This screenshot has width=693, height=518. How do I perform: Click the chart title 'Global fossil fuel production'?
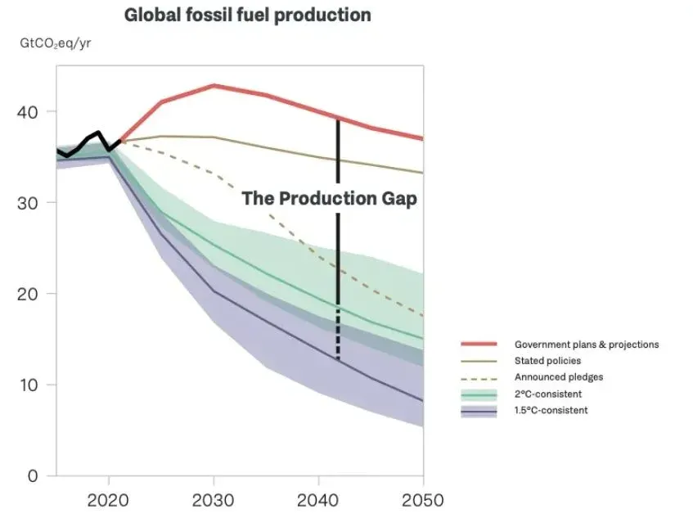[247, 16]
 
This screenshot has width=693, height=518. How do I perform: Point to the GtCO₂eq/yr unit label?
[56, 43]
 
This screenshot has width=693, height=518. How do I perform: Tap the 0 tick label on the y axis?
[34, 476]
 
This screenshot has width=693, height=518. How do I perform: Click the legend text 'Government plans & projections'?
[586, 345]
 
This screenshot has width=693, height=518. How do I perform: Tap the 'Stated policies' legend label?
[548, 361]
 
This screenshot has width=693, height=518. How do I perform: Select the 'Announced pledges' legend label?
[558, 377]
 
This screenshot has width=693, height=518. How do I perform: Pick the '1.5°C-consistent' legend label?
[550, 410]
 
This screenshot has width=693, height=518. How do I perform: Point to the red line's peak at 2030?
[214, 85]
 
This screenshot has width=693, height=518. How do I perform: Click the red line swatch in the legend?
[479, 345]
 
